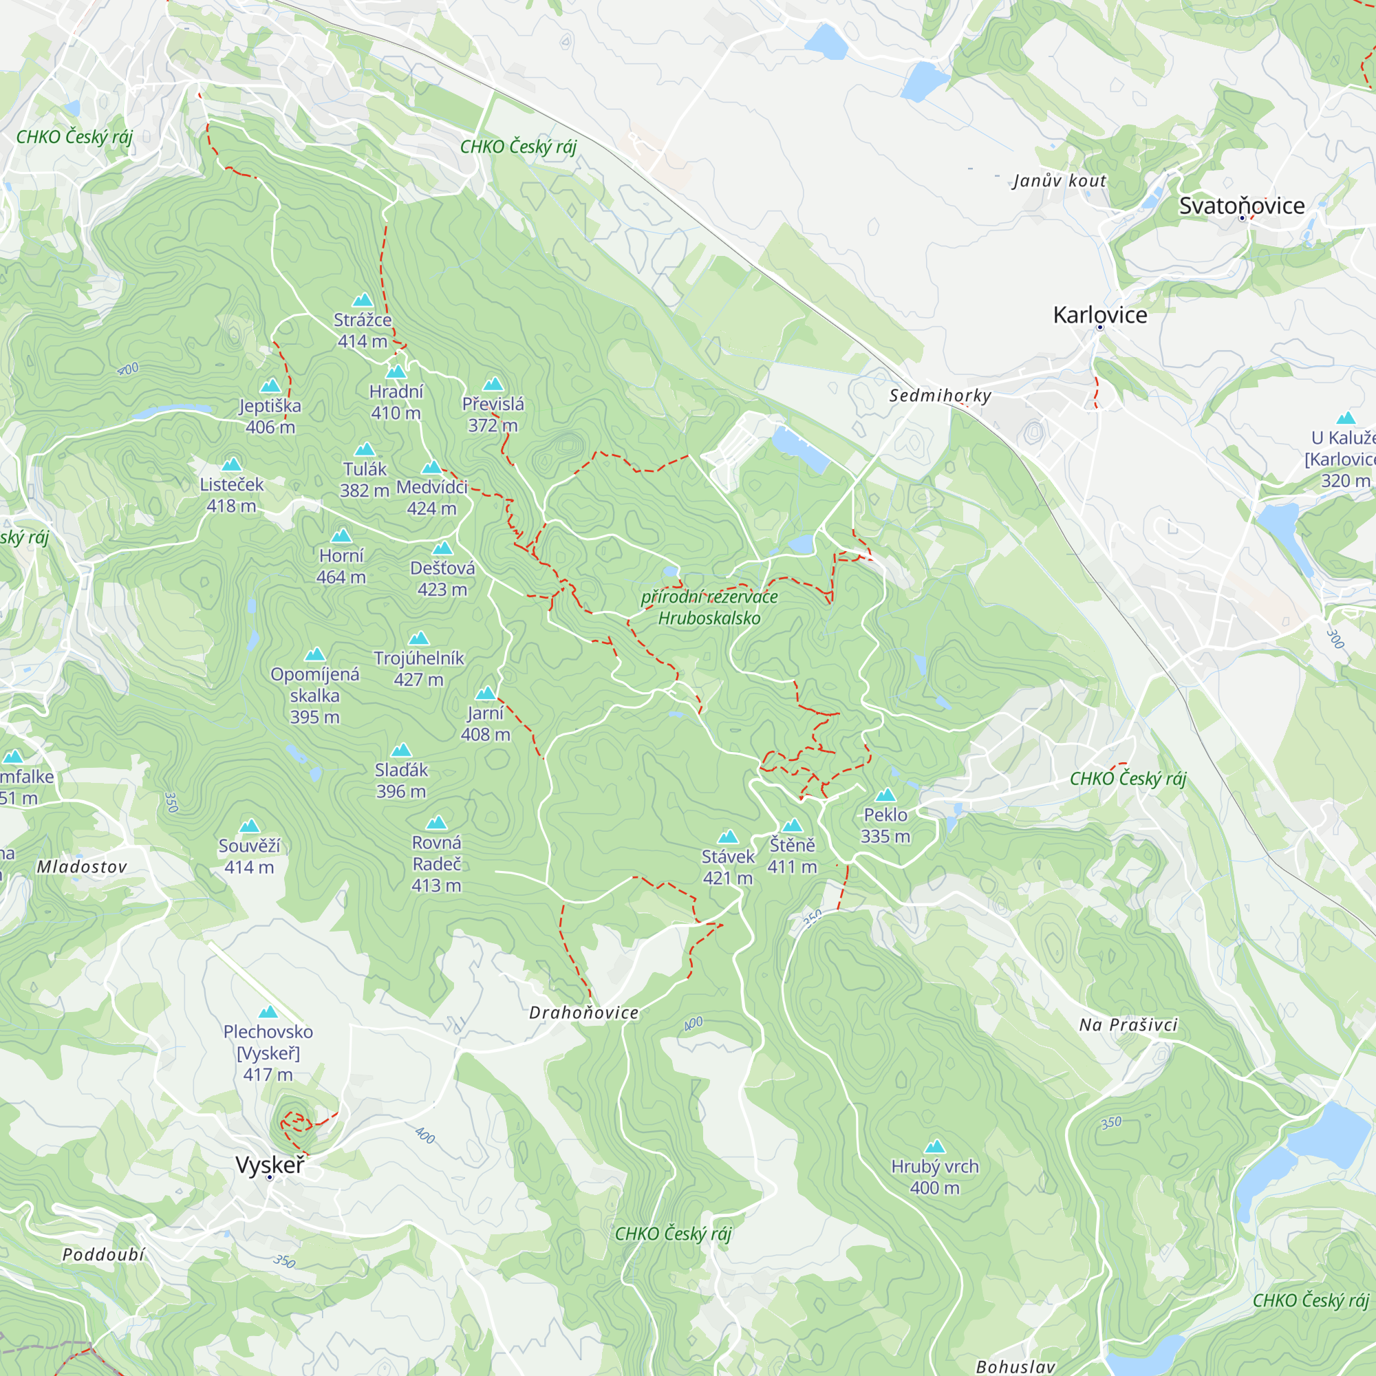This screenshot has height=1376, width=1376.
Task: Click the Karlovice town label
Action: (1099, 315)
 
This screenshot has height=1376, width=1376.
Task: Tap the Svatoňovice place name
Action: (1241, 206)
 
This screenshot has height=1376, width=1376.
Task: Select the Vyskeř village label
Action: (270, 1165)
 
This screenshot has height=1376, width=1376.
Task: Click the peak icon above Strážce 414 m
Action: (363, 300)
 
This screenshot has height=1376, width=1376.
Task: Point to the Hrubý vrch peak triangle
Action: (934, 1146)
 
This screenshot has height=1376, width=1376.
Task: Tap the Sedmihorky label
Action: (939, 396)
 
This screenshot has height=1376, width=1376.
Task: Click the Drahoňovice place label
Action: (583, 1013)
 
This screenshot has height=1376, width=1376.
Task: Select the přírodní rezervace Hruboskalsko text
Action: (709, 608)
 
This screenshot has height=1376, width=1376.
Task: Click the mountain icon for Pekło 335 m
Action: (885, 795)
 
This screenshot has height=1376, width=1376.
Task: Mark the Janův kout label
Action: (1059, 181)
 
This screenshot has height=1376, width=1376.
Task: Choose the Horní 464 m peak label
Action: (341, 566)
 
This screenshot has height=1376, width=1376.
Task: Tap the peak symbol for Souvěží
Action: (249, 826)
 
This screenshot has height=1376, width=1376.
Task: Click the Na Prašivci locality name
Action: (1128, 1025)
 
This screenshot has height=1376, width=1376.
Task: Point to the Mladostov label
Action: (82, 867)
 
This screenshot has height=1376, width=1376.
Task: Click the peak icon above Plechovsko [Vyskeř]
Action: (268, 1012)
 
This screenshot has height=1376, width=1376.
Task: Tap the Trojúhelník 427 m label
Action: (419, 668)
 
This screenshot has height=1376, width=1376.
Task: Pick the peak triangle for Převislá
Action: (493, 385)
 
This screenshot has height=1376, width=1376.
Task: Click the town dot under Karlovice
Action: (1099, 327)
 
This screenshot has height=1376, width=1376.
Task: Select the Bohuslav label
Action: (1015, 1366)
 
